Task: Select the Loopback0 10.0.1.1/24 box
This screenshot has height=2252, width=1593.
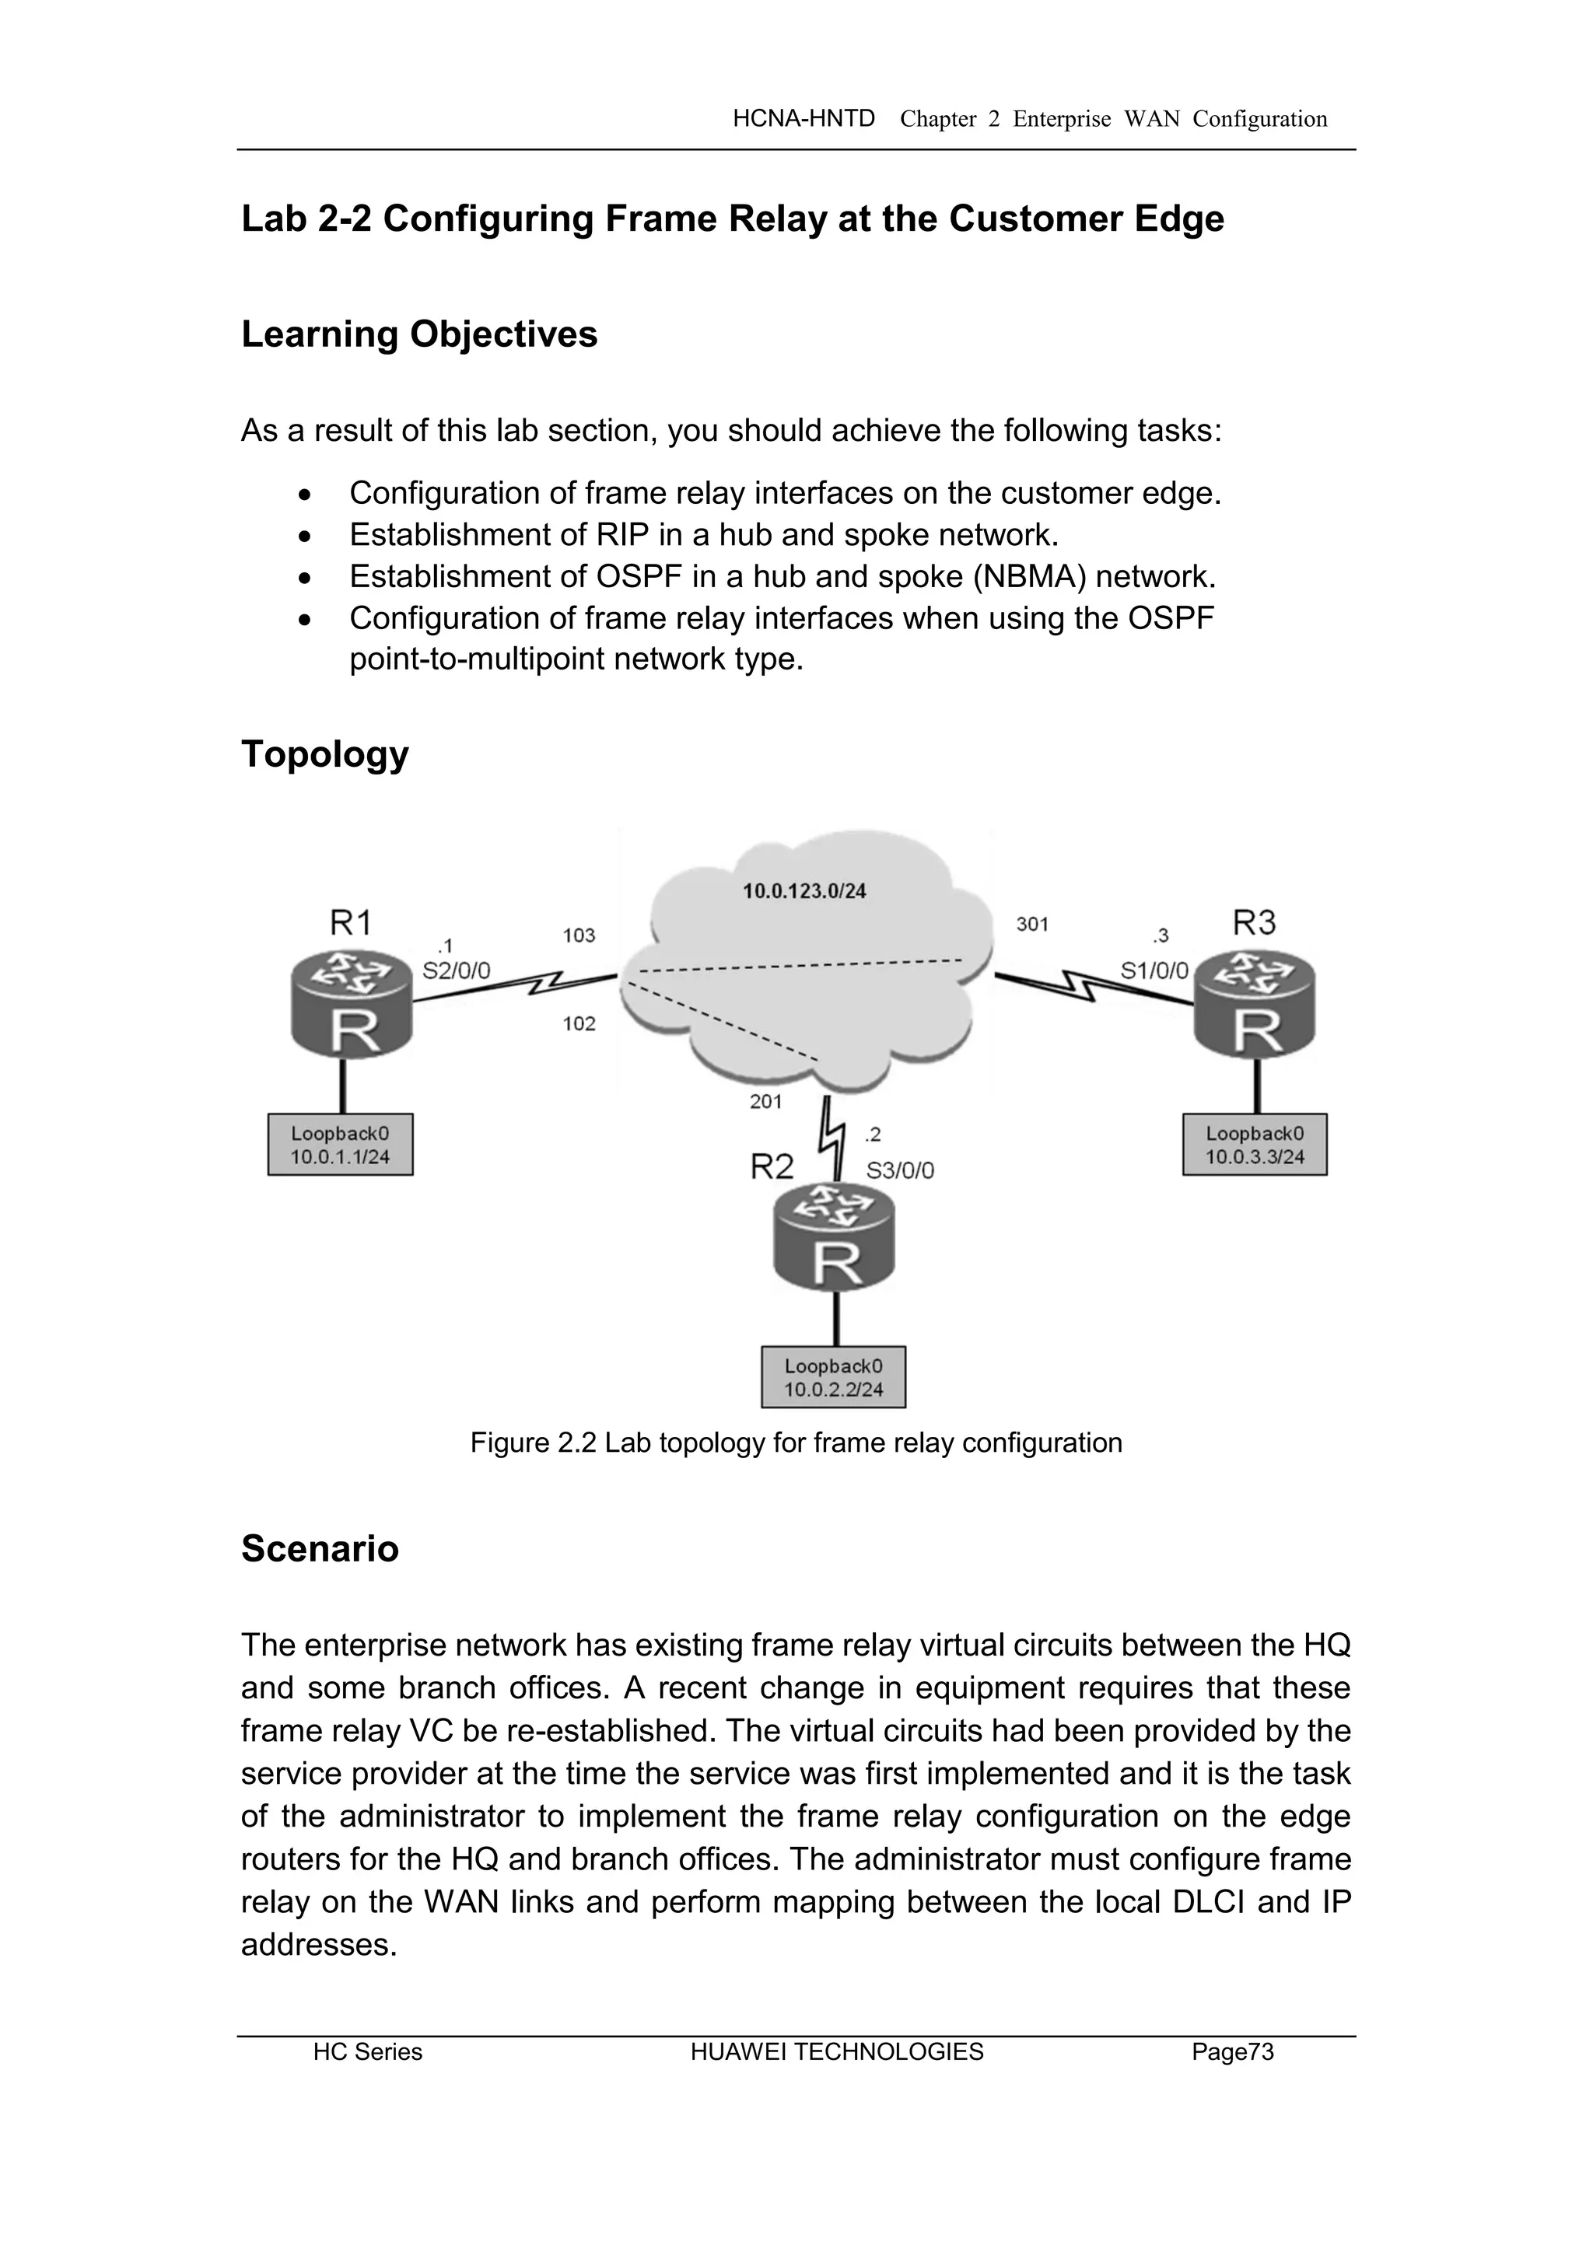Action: tap(341, 1145)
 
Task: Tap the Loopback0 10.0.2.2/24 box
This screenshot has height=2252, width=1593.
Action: tap(834, 1377)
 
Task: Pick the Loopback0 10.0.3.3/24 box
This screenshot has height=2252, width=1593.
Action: tap(1255, 1145)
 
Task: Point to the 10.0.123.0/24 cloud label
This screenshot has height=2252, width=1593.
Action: tap(804, 892)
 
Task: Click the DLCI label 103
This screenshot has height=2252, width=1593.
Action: tap(579, 935)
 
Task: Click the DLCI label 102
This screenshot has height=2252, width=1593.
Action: tap(579, 1024)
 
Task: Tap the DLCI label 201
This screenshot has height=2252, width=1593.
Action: tap(766, 1101)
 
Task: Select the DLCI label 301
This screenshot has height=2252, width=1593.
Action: tap(1032, 924)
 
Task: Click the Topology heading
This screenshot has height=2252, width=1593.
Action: tap(324, 754)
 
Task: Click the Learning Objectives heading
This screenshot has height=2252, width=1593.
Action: tap(418, 334)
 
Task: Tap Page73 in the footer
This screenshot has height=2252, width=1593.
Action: tap(1232, 2052)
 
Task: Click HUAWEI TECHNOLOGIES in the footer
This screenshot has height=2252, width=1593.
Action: tap(837, 2052)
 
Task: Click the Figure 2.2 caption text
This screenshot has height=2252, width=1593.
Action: tap(796, 1442)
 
